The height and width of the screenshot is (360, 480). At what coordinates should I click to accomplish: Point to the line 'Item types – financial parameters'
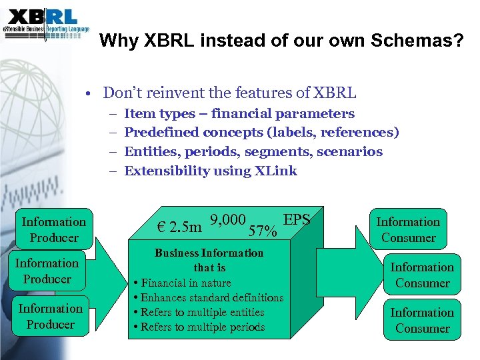[x=239, y=114]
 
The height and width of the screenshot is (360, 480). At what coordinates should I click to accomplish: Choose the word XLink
[x=275, y=171]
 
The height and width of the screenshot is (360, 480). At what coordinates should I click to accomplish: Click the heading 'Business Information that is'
[x=209, y=260]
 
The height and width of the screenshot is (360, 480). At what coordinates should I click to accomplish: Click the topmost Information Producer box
[x=54, y=229]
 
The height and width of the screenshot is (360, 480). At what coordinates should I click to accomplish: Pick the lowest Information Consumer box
[x=422, y=320]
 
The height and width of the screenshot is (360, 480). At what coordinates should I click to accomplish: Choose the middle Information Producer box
[x=47, y=271]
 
